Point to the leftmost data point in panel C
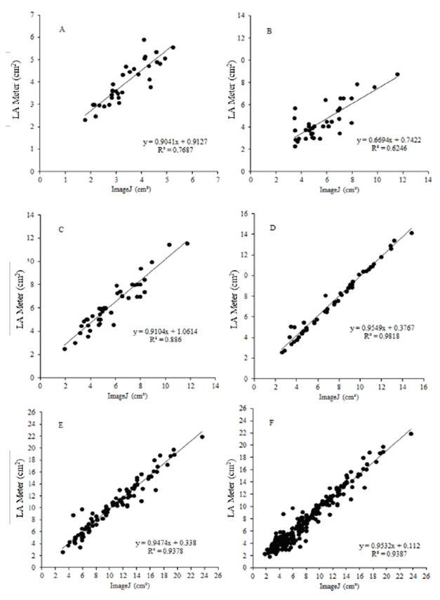point(65,348)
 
